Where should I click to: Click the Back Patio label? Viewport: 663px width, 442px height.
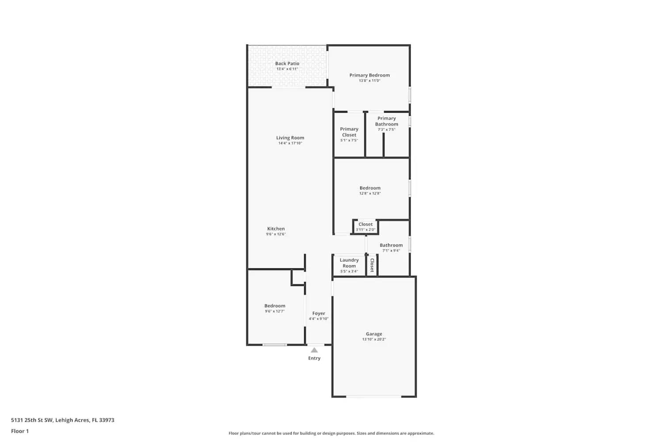(287, 64)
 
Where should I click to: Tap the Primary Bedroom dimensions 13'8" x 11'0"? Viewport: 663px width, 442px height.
(370, 81)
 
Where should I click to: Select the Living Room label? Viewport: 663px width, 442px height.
(290, 138)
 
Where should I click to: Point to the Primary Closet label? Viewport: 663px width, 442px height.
(349, 132)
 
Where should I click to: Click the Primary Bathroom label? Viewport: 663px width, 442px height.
(386, 121)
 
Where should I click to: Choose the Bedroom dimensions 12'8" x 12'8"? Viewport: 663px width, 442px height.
(370, 194)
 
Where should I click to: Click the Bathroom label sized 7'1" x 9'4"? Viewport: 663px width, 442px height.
(391, 245)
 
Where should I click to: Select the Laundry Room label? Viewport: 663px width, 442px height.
(349, 263)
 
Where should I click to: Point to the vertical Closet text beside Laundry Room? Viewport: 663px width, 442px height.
(372, 265)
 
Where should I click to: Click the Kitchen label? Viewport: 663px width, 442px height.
(276, 229)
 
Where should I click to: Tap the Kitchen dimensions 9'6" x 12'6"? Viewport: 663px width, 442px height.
(276, 234)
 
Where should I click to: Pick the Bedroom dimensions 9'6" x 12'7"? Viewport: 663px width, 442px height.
(274, 311)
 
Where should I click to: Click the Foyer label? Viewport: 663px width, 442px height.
(318, 313)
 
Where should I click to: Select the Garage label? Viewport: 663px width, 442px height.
(374, 334)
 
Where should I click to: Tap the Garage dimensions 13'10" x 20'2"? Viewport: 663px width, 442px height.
(374, 339)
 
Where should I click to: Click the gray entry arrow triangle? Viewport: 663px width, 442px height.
(314, 350)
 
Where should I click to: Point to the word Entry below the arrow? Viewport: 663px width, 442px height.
(314, 358)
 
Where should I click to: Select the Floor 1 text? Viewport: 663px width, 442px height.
(20, 431)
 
